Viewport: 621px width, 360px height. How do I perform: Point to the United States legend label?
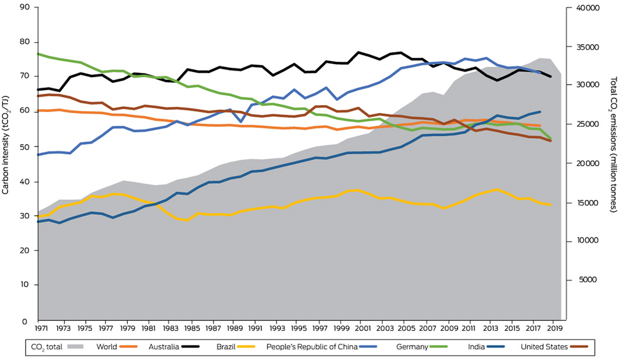(543, 347)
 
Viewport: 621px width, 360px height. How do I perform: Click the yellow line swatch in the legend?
(252, 347)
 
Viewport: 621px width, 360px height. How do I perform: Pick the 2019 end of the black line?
(550, 76)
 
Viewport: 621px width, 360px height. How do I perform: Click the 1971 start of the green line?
(38, 54)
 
